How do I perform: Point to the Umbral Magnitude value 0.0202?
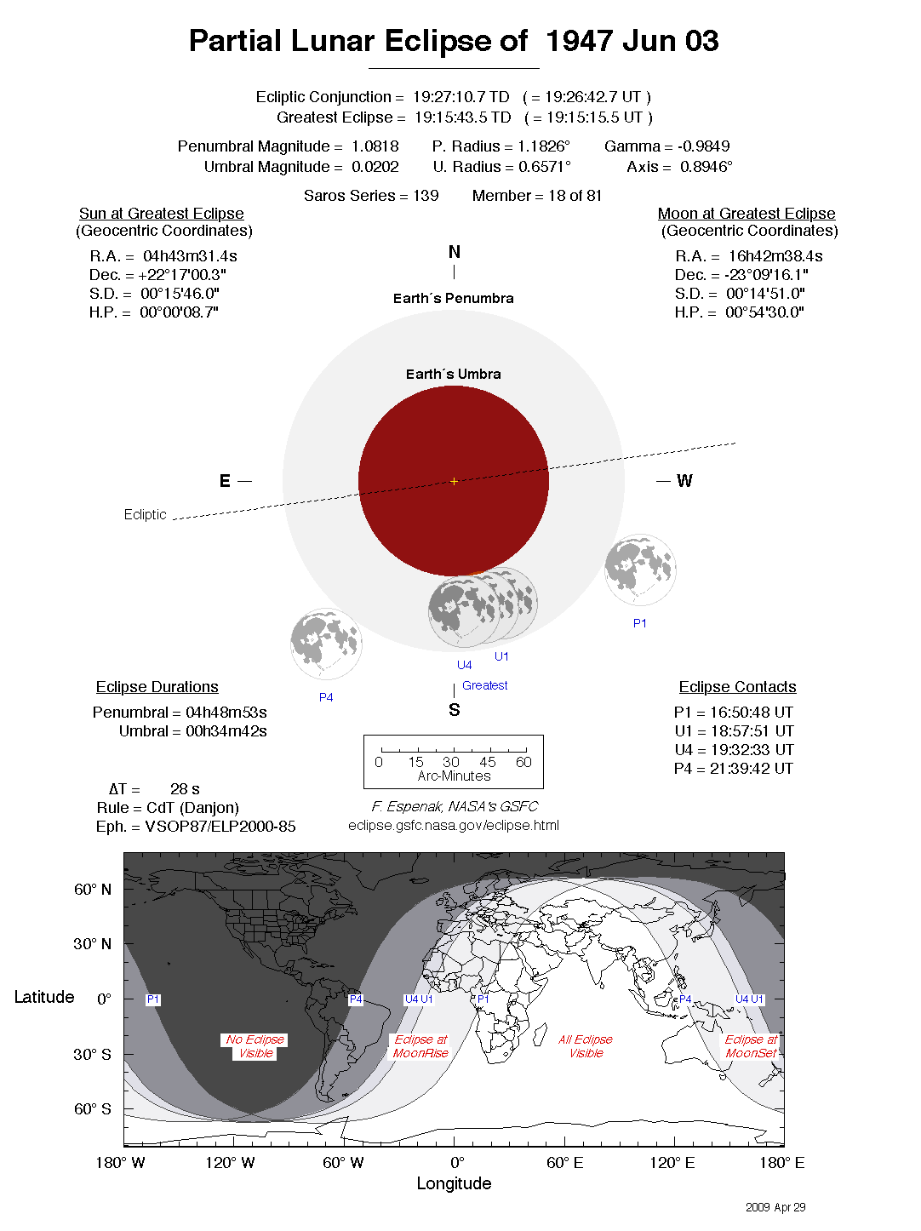coord(375,167)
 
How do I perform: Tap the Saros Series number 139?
coord(426,196)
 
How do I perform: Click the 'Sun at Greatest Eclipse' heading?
coord(162,214)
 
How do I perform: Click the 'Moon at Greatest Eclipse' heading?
coord(747,214)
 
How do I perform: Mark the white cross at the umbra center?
coord(454,482)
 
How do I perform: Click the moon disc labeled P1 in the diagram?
coord(640,570)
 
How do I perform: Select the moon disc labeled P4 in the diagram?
coord(326,644)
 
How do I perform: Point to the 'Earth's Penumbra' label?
coord(454,299)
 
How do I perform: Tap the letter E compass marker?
coord(225,482)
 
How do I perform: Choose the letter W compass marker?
coord(684,482)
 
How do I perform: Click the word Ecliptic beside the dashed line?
coord(145,515)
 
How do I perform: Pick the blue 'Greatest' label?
coord(485,685)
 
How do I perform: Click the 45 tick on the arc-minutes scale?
coord(488,762)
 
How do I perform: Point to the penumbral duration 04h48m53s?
coord(226,713)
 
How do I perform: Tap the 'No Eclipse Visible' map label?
coord(255,1046)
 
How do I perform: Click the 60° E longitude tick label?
coord(565,1163)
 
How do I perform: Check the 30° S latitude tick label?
coord(92,1055)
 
